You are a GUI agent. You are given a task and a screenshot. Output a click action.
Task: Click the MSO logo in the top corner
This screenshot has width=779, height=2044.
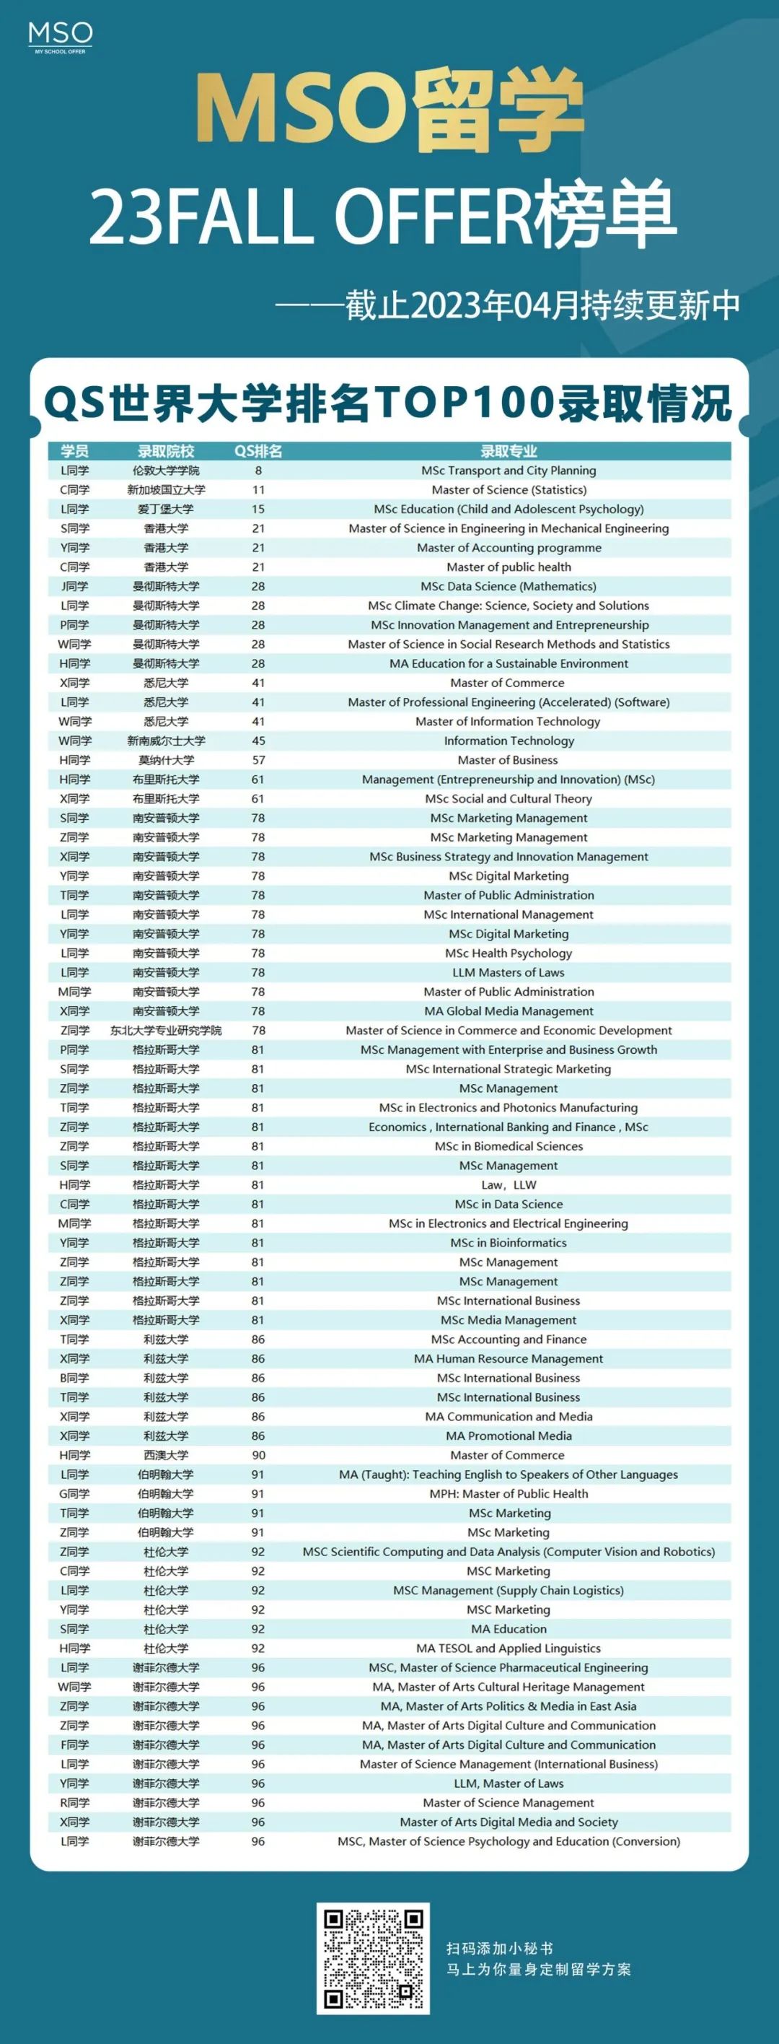(61, 37)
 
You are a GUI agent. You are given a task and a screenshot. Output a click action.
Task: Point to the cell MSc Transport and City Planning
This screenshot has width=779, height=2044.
(509, 471)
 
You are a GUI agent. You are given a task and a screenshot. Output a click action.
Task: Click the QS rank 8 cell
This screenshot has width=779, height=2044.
(258, 471)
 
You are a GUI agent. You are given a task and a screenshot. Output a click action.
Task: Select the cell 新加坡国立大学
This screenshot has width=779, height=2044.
(166, 489)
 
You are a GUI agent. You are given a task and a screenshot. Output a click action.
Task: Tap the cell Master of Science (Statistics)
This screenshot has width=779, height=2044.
(509, 489)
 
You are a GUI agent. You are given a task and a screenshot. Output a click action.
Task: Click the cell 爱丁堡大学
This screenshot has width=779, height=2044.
(166, 510)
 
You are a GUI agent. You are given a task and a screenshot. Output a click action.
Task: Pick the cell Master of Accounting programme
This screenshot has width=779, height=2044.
(509, 548)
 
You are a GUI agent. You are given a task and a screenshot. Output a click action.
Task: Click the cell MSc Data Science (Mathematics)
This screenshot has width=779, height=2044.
(509, 586)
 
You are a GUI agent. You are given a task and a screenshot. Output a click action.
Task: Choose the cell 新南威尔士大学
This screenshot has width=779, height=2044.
(166, 741)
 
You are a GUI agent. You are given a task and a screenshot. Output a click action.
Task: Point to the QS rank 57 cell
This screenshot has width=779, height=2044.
(258, 760)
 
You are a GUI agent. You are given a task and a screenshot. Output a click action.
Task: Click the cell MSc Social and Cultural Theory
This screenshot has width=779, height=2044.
(509, 798)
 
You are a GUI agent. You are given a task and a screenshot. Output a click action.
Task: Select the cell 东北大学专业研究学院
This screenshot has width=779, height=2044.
(166, 1030)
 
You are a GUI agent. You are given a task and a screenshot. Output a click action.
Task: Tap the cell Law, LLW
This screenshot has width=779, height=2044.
(509, 1184)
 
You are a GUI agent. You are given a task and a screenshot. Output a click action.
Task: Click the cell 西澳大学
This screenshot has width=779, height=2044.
(166, 1455)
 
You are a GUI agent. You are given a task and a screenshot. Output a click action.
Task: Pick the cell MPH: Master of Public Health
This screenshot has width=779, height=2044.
(509, 1493)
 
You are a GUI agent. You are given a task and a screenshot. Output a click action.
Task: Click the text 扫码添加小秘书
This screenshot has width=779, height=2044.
(500, 1949)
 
